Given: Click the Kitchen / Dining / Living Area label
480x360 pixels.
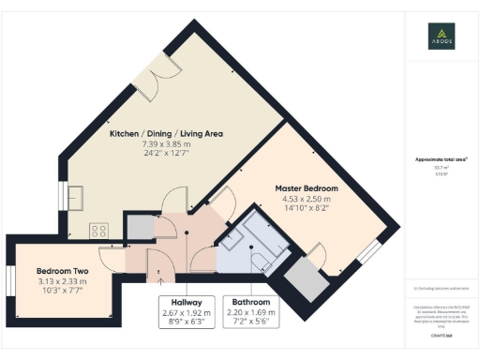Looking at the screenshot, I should pos(166,134).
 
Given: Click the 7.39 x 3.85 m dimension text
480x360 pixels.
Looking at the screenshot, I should pos(166,144).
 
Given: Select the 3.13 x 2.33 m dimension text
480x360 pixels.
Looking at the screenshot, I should pos(63,281).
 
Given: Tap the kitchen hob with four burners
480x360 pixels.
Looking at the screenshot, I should pos(97,230).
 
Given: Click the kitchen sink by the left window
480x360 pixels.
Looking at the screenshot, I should pos(74,197).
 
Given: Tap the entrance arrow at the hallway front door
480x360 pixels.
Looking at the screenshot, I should pos(160,276).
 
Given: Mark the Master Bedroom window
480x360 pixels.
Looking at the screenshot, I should pos(373,249).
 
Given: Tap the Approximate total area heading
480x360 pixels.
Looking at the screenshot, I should pos(442,160).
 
